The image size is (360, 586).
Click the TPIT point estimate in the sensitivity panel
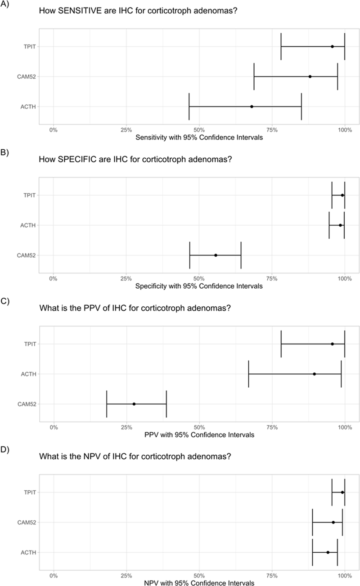coord(332,46)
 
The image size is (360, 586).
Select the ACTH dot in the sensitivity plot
coord(252,107)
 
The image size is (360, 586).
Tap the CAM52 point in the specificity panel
coord(216,255)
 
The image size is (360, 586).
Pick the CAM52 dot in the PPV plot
coord(134,404)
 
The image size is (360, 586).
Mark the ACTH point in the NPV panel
coord(328,552)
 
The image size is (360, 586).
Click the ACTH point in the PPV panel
coord(314,374)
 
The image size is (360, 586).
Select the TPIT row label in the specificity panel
coord(30,195)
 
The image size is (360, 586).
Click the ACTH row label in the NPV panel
coord(28,552)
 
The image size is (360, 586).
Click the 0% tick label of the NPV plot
coord(53,576)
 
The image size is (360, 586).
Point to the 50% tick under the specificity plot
coord(199,278)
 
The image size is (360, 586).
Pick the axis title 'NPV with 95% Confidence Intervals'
coord(199,583)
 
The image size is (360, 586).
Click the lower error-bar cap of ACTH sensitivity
coord(189,107)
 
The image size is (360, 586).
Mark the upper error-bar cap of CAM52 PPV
coord(166,404)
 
